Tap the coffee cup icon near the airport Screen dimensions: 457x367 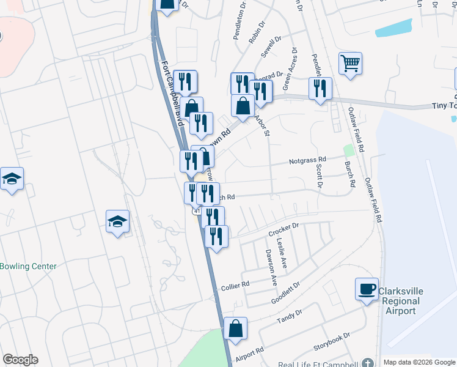point(367,289)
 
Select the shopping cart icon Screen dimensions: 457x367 point(350,63)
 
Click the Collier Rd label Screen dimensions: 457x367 point(235,286)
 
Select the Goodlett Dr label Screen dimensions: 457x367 point(285,294)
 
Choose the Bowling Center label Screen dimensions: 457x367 point(28,266)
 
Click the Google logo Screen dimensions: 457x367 point(20,360)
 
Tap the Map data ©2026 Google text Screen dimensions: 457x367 point(419,362)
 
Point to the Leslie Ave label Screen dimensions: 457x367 point(284,253)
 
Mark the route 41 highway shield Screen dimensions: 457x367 point(197,210)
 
